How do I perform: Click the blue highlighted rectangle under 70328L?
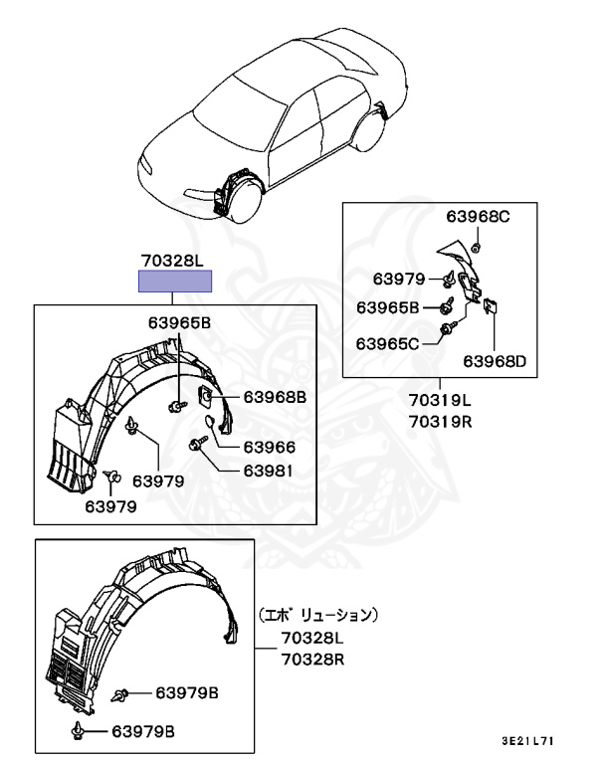[175, 282]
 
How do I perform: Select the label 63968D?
[495, 360]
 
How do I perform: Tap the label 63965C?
[389, 344]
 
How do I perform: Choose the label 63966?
[269, 448]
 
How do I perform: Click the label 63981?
[269, 471]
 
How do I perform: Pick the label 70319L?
[439, 401]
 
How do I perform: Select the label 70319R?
[439, 420]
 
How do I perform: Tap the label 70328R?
[311, 659]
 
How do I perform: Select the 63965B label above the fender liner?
[180, 322]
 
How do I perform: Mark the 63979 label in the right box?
[399, 278]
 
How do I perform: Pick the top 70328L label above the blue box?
[171, 261]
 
